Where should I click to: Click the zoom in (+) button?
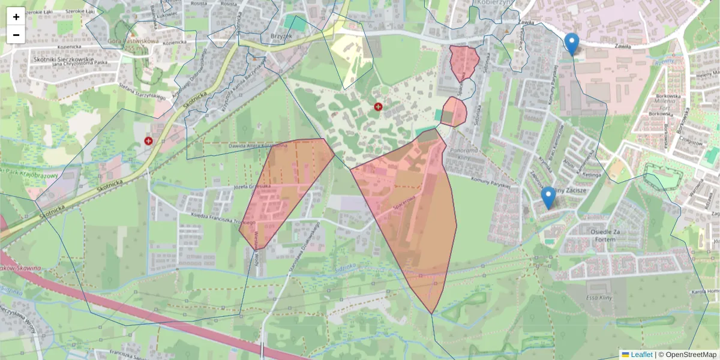16,17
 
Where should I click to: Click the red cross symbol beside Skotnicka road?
148,141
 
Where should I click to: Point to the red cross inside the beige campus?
378,107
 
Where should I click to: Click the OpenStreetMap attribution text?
691,355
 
